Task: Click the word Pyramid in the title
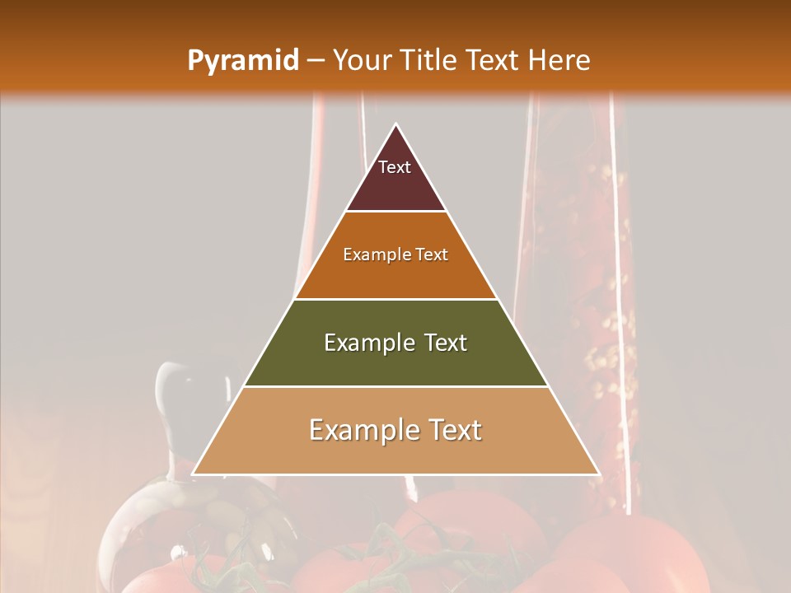(x=242, y=61)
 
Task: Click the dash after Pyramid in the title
(x=315, y=61)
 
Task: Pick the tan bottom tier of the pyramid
(x=395, y=453)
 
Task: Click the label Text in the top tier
(x=395, y=167)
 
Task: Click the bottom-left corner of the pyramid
(x=193, y=474)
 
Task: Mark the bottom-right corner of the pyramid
(x=599, y=474)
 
